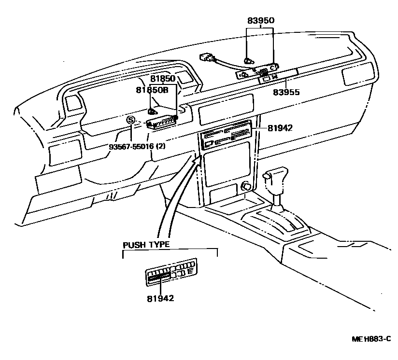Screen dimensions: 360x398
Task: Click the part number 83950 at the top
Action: (x=260, y=20)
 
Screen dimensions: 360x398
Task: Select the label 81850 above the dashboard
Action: (x=162, y=78)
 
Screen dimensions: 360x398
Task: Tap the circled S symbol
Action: (x=130, y=120)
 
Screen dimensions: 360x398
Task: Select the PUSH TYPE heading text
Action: (x=146, y=245)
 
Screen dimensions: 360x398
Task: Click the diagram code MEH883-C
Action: (x=370, y=340)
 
